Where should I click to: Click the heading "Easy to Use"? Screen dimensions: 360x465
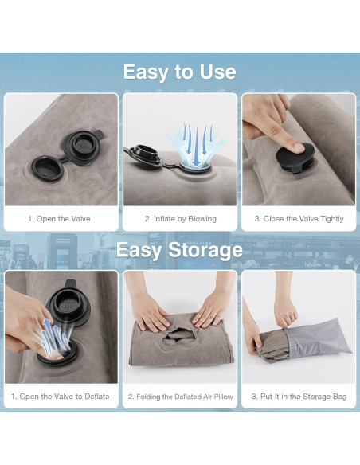coord(180,72)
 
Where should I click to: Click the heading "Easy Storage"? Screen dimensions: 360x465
coord(179,250)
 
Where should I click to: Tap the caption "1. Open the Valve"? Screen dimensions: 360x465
coord(59,219)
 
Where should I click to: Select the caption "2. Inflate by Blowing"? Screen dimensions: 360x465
coord(181,219)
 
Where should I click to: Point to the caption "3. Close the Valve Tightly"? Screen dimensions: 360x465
coord(299,219)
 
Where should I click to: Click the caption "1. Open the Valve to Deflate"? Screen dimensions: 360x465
coord(61,397)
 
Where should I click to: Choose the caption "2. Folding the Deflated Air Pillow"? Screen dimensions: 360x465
coord(180,397)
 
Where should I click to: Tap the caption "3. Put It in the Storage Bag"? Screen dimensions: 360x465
coord(299,397)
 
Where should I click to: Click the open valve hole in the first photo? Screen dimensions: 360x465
coord(48,170)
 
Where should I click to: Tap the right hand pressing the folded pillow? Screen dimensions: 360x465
coord(211,311)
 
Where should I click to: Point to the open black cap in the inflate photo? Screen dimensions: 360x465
coord(144,154)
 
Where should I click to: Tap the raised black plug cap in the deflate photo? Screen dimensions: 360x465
coord(69,304)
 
